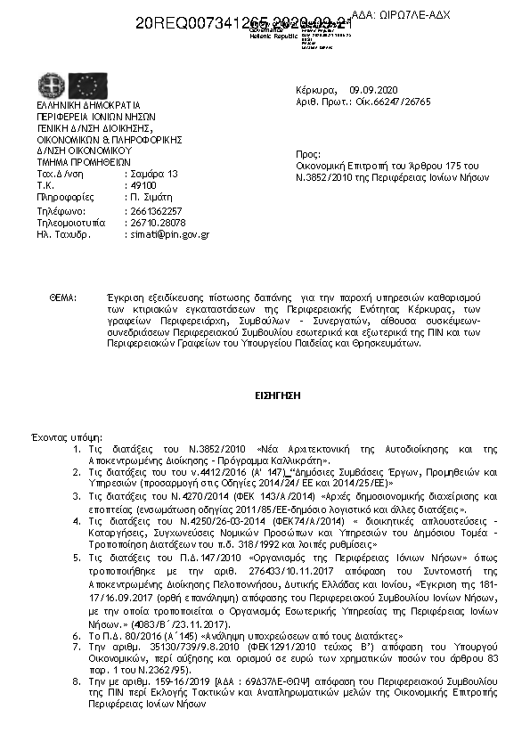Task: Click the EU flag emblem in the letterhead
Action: click(88, 86)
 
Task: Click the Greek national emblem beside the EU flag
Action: click(52, 86)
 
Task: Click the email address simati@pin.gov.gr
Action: click(167, 234)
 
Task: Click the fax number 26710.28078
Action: click(155, 222)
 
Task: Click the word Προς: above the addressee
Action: click(307, 153)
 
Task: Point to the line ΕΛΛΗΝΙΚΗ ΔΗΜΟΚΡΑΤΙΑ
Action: click(84, 106)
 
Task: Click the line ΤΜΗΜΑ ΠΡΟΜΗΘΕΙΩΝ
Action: click(84, 163)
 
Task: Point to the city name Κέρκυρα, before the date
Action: click(316, 91)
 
